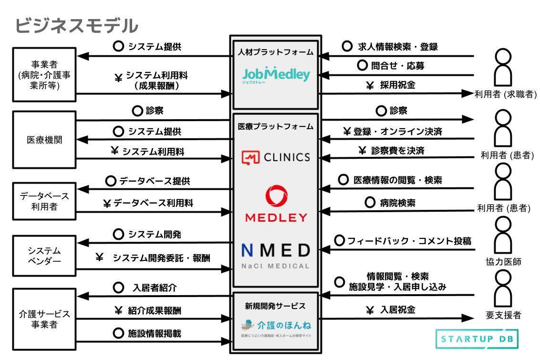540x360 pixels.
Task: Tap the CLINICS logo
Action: [276, 157]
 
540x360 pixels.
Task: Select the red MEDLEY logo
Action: [276, 203]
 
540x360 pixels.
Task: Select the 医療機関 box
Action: [44, 140]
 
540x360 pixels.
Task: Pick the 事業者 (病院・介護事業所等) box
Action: [44, 74]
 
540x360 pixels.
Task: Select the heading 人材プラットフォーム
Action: [276, 52]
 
